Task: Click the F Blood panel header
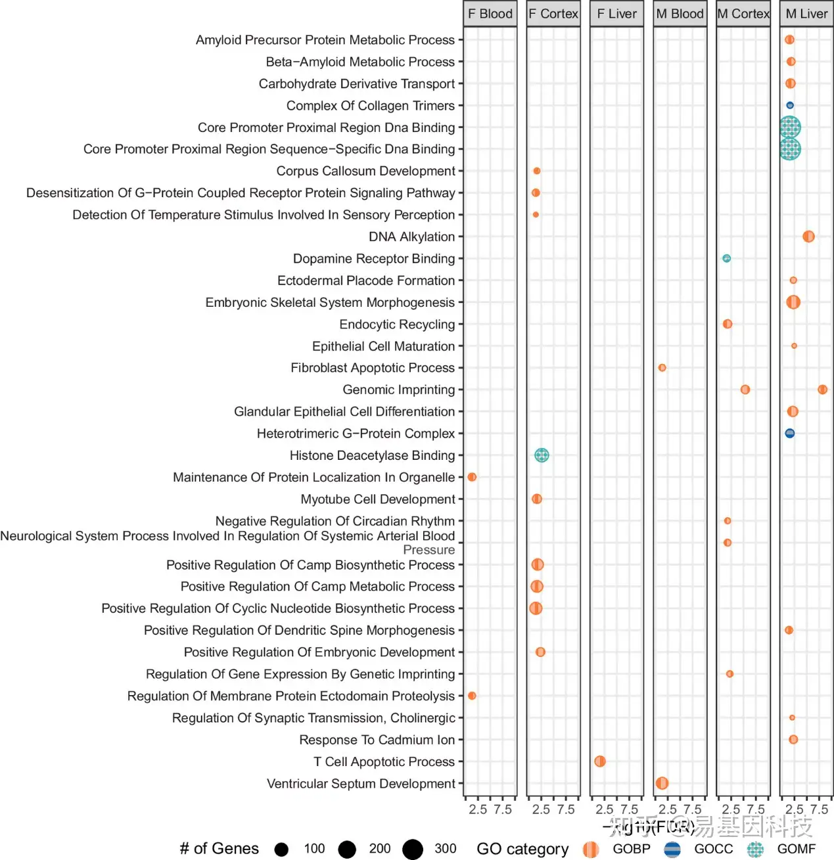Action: [x=490, y=14]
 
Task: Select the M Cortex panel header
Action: [x=743, y=14]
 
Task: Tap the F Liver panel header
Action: [x=616, y=14]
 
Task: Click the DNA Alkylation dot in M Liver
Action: [x=808, y=237]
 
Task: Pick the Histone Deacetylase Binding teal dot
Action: [x=542, y=455]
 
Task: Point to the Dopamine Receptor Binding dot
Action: [x=726, y=258]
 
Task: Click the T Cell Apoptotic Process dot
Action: [x=599, y=761]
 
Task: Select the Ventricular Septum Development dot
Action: [x=662, y=783]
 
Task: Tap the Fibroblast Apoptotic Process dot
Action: [x=662, y=368]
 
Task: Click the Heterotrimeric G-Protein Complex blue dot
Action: [x=790, y=433]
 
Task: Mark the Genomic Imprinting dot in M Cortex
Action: [x=745, y=390]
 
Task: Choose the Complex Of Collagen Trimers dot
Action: [x=790, y=105]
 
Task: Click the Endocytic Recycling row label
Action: [x=397, y=325]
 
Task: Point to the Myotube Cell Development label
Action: [x=378, y=499]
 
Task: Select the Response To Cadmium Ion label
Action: [x=377, y=740]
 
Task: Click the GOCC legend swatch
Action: [x=672, y=849]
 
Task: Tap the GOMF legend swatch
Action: [x=756, y=849]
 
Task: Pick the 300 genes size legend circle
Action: [x=413, y=849]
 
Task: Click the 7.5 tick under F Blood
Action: [x=503, y=809]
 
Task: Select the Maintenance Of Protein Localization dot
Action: [x=472, y=477]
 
